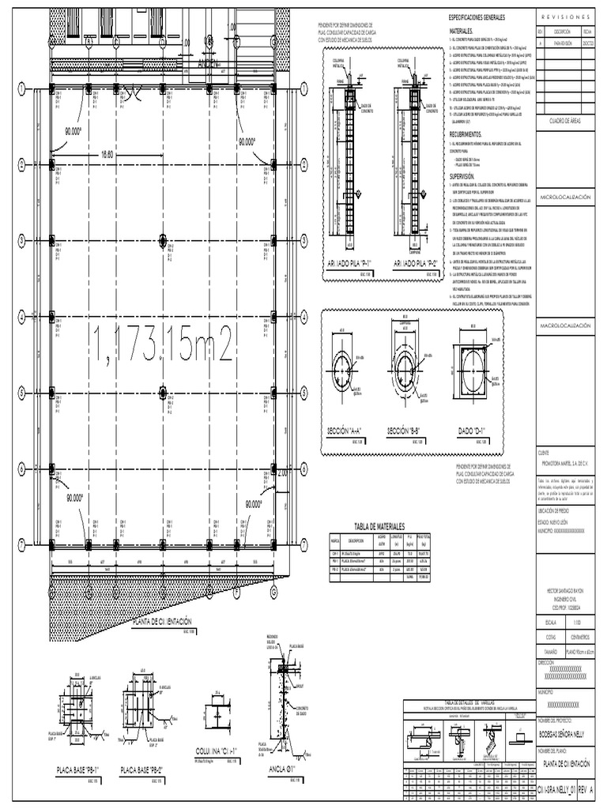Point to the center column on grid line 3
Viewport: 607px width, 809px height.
point(162,240)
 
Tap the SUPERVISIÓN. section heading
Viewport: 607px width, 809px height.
point(462,178)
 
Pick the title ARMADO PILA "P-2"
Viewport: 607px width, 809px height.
point(412,263)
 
